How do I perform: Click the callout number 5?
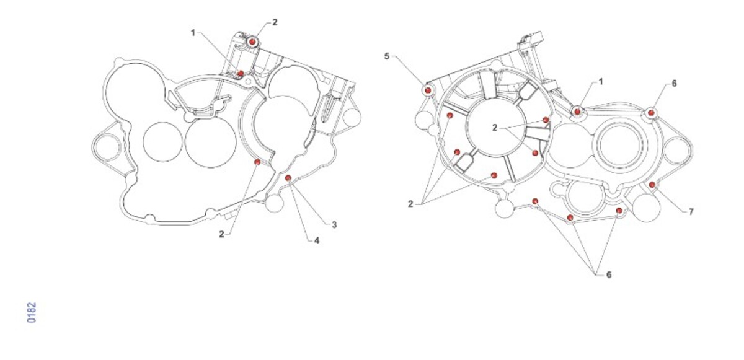[x=387, y=56]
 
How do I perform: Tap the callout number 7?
[x=691, y=212]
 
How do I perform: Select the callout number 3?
[x=334, y=225]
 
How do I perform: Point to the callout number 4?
[x=317, y=240]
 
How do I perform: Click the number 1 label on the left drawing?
[x=193, y=33]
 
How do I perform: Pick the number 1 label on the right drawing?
[x=601, y=82]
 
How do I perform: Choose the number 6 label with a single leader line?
[x=674, y=83]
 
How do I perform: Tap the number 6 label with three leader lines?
[x=609, y=274]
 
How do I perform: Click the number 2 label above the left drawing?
[x=275, y=22]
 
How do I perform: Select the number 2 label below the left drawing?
[x=221, y=234]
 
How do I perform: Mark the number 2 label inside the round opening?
[x=495, y=128]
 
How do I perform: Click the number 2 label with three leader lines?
[x=410, y=204]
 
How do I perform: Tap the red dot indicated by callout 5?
[x=428, y=90]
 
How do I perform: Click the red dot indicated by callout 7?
[x=652, y=185]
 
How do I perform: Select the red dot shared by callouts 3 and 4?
[x=288, y=178]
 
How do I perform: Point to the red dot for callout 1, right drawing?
[x=577, y=112]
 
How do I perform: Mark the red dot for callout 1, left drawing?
[x=241, y=73]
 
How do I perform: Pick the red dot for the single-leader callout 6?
[x=651, y=113]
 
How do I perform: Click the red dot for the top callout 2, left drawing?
[x=252, y=42]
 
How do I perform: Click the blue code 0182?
[x=32, y=312]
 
